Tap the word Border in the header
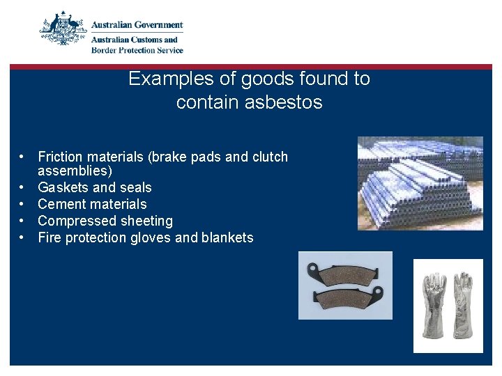pyautogui.click(x=105, y=50)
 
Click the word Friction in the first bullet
pyautogui.click(x=60, y=157)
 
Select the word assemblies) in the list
pyautogui.click(x=75, y=171)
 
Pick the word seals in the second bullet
pyautogui.click(x=135, y=187)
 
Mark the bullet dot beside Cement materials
pyautogui.click(x=23, y=204)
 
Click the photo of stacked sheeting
pyautogui.click(x=420, y=183)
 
